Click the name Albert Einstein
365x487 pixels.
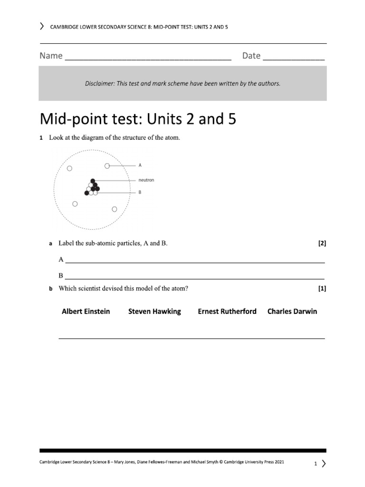point(86,312)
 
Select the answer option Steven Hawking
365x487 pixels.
point(154,312)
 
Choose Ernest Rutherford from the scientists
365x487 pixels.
point(227,312)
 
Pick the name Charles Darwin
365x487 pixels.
point(292,312)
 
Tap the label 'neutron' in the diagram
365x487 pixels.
point(146,180)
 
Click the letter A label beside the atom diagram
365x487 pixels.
point(140,166)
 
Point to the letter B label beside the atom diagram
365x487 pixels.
point(140,193)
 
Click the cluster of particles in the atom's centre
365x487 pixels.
point(92,187)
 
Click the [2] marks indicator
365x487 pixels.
point(322,243)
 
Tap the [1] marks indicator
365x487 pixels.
point(322,288)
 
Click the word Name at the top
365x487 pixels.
point(51,56)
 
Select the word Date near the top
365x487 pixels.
point(251,56)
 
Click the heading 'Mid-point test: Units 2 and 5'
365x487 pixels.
point(137,119)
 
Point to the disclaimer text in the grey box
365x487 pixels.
point(182,84)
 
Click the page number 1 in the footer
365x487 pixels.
point(315,463)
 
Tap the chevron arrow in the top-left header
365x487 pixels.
point(42,27)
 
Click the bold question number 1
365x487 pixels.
point(41,138)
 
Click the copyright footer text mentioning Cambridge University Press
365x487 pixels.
point(162,462)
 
